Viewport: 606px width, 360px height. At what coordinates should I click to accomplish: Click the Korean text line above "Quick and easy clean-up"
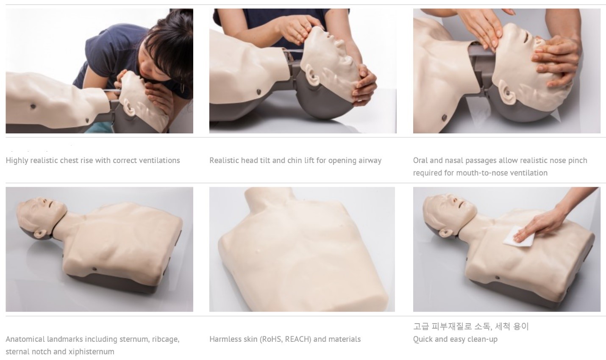pyautogui.click(x=471, y=327)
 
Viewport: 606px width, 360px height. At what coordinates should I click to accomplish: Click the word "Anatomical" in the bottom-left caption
pyautogui.click(x=25, y=339)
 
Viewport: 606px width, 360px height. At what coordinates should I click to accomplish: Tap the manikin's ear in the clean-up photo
pyautogui.click(x=447, y=233)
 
